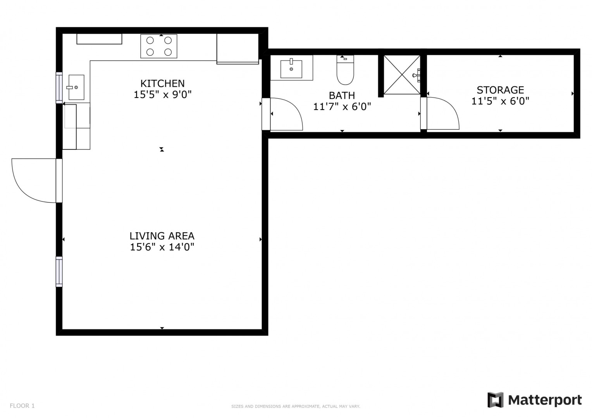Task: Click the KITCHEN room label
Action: tap(162, 84)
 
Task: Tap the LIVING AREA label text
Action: tap(162, 236)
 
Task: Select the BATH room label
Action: tap(342, 95)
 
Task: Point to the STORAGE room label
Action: tap(500, 90)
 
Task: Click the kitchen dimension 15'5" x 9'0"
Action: tap(162, 94)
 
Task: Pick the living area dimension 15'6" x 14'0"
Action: tap(162, 247)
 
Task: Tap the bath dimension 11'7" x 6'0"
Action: tap(342, 106)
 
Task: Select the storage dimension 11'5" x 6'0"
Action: tap(500, 101)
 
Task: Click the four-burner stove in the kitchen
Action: tap(158, 46)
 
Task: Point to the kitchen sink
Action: tap(76, 87)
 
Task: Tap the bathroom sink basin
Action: tap(291, 69)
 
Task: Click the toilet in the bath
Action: tap(345, 70)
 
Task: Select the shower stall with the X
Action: tap(402, 75)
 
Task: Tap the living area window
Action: tap(59, 272)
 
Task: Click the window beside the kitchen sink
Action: tap(59, 88)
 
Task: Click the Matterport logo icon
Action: tap(496, 400)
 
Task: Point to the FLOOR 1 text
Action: tap(22, 406)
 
